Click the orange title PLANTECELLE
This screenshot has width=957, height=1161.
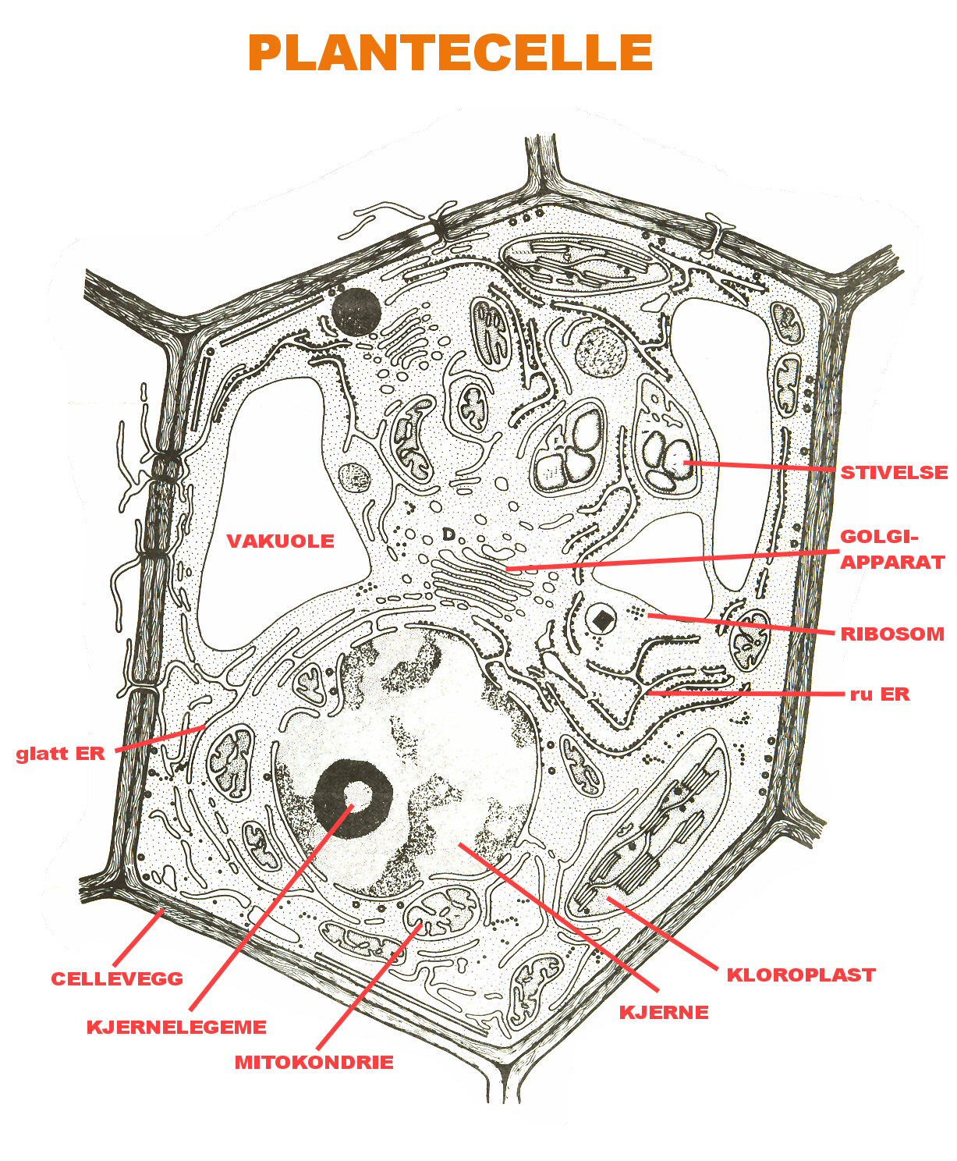point(450,53)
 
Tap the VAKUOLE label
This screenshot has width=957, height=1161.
point(280,541)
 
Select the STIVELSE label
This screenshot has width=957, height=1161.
point(894,472)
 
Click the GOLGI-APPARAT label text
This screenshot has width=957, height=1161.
point(891,549)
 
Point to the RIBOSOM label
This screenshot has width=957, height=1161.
point(892,634)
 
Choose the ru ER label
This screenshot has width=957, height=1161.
point(880,694)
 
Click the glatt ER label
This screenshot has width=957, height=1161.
point(60,754)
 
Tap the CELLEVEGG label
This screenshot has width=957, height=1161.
point(117,978)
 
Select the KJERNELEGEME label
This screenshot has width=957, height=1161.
point(176,1027)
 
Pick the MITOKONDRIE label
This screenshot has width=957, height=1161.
point(314,1062)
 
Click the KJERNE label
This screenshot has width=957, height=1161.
point(664,1012)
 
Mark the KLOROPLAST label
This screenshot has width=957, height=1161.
point(801,975)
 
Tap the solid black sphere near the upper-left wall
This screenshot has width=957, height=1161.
point(356,311)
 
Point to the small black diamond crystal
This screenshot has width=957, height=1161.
point(602,620)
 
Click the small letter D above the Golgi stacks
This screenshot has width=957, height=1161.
point(448,534)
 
